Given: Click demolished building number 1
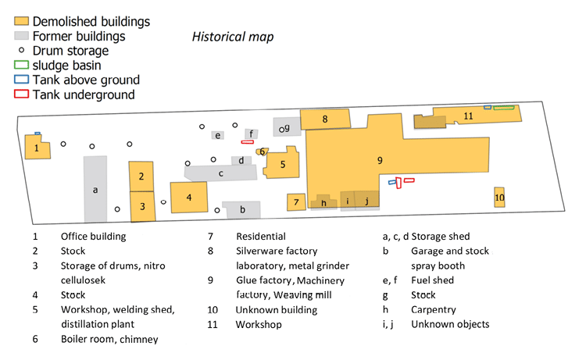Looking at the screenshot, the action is pos(38,147).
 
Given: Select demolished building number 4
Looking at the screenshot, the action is pos(189,197).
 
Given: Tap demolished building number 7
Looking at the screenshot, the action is pos(296,202).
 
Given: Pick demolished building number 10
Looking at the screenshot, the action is pos(499,197).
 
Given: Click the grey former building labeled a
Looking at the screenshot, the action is pos(95,189).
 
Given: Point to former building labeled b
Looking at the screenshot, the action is pos(241,209).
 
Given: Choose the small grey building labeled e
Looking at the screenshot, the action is pos(217,135).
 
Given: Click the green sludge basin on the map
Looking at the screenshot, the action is pos(504,108).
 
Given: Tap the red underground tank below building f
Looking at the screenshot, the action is pos(248,142).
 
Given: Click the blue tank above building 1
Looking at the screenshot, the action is pos(38,134).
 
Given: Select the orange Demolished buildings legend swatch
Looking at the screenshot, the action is pos(21,21).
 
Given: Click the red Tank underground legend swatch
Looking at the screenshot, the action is pos(21,94).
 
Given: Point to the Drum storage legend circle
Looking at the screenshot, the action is pos(21,50).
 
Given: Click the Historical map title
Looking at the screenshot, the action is pos(233,37).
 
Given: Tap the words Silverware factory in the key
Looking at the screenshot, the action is pos(277,251).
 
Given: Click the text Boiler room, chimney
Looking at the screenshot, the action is pos(109,339).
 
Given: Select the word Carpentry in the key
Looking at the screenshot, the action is pos(434,309).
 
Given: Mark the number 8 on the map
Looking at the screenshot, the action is pos(325,119).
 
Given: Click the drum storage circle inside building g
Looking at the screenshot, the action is pos(281,130).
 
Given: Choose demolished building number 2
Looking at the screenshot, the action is pos(141,176).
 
